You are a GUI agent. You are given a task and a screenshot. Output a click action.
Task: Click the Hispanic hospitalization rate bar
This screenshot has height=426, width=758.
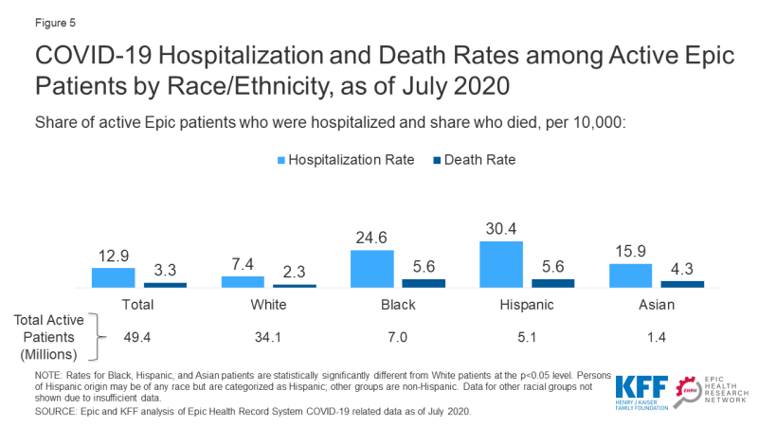pyautogui.click(x=501, y=264)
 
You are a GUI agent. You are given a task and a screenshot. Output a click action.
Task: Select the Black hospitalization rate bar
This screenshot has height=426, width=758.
pyautogui.click(x=371, y=269)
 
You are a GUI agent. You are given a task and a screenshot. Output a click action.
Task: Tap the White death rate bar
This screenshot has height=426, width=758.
pyautogui.click(x=294, y=285)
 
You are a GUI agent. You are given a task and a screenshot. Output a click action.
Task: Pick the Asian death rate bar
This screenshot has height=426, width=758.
pyautogui.click(x=682, y=283)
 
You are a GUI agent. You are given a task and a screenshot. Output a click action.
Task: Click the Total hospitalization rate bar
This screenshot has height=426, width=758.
pyautogui.click(x=113, y=277)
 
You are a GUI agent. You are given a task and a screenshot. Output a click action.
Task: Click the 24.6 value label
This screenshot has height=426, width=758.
pyautogui.click(x=371, y=240)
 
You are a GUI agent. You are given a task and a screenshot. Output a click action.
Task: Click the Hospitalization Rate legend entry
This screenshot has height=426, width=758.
pyautogui.click(x=346, y=160)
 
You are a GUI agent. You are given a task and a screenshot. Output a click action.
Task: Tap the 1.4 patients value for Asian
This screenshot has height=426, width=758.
pyautogui.click(x=656, y=334)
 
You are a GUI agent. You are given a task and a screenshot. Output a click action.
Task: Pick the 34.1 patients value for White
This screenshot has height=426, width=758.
pyautogui.click(x=268, y=334)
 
